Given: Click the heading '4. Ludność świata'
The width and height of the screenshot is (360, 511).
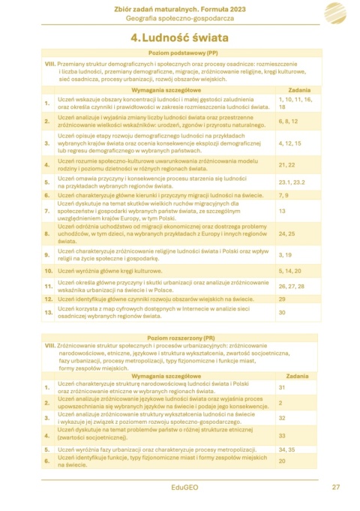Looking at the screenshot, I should (x=179, y=37).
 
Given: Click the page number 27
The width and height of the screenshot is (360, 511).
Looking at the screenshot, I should (x=336, y=487).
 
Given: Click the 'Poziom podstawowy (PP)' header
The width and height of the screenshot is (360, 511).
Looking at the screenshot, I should (x=183, y=54).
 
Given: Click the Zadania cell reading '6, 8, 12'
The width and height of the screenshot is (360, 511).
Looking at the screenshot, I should (x=288, y=121).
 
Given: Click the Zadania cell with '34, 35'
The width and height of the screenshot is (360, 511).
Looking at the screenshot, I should (x=286, y=449).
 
